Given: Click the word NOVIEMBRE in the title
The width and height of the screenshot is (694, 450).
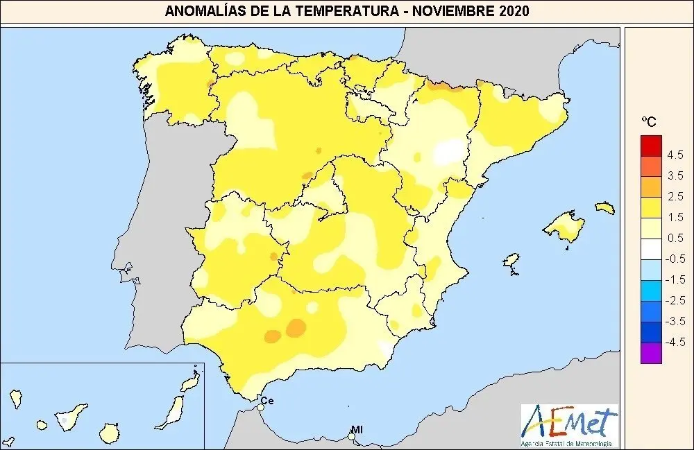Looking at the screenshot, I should (x=458, y=11).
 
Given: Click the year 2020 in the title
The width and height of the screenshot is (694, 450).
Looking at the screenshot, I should (x=512, y=11).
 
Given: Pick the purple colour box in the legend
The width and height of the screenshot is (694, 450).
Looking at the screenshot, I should (x=651, y=353).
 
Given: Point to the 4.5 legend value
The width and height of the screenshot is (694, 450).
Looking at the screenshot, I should (x=675, y=155).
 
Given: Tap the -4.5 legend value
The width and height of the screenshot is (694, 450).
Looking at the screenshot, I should (x=674, y=342).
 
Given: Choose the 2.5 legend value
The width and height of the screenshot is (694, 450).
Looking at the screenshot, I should (x=675, y=196).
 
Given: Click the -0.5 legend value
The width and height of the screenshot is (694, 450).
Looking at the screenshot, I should (x=674, y=259).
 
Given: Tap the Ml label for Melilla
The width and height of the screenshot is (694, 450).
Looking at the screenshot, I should (x=357, y=430).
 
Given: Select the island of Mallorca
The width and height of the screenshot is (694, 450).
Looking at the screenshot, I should (x=564, y=226).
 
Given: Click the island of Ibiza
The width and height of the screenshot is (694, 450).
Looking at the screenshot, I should (x=511, y=261).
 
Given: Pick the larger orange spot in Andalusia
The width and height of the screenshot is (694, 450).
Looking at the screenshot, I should (x=297, y=326).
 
